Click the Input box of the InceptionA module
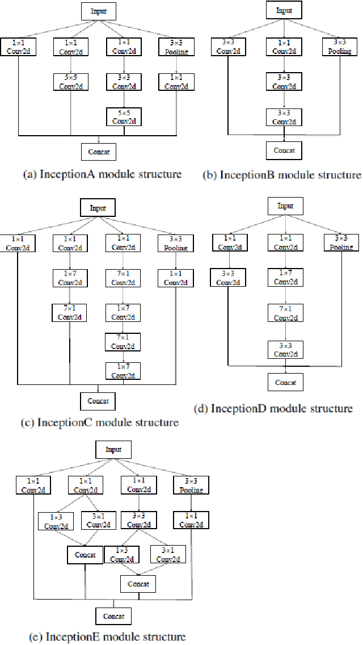[99, 11]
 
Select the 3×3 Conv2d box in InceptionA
[123, 82]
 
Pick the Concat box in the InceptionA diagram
[99, 152]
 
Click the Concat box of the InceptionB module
[284, 150]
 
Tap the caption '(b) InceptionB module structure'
[282, 175]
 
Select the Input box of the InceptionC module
[98, 208]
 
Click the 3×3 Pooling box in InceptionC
[176, 244]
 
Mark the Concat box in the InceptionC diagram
[98, 401]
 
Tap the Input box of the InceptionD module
[285, 206]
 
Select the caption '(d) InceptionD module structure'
[273, 408]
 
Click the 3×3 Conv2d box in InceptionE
[138, 521]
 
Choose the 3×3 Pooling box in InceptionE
[191, 485]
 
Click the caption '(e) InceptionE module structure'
[107, 636]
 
